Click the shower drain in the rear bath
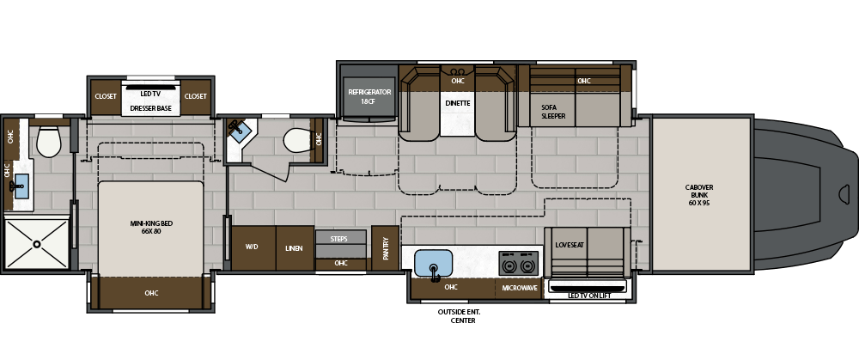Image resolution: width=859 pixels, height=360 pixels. pos(37,244)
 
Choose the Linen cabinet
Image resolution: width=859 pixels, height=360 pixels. pos(295,247)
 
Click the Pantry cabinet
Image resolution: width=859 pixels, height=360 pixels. pos(385,247)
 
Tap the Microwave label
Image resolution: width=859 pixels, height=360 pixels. pos(520,288)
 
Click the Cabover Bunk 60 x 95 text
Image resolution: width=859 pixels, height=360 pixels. pos(699,195)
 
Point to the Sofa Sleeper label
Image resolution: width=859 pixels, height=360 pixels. pos(553,112)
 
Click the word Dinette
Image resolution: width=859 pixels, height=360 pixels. pos(458,103)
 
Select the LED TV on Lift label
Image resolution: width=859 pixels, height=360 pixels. pos(589,296)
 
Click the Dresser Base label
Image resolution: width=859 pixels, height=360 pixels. pos(150,108)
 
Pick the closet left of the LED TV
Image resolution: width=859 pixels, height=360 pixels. pos(106,96)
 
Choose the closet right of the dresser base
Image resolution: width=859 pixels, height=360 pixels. pos(196,96)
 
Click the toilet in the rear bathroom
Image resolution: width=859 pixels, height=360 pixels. pos(49,142)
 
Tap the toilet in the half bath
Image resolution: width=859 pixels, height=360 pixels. pos(299,140)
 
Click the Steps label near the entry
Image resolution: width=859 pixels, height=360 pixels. pos(339,239)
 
